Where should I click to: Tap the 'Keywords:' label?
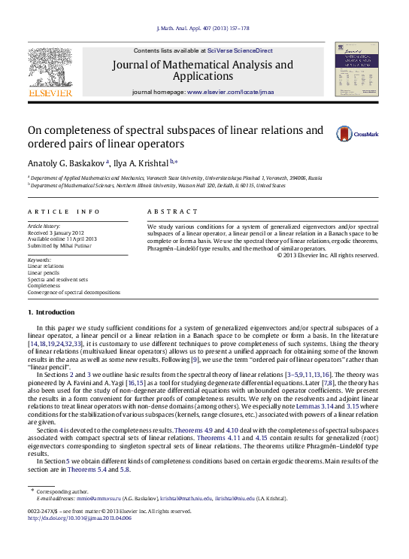click(x=40, y=260)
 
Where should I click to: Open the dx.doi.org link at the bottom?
click(x=79, y=518)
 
